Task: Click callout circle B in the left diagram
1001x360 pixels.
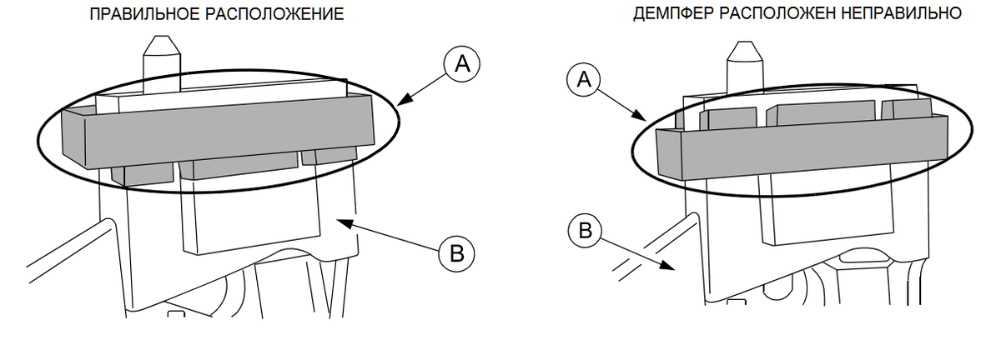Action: pos(455,252)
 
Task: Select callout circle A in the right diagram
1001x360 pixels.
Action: pos(585,80)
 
